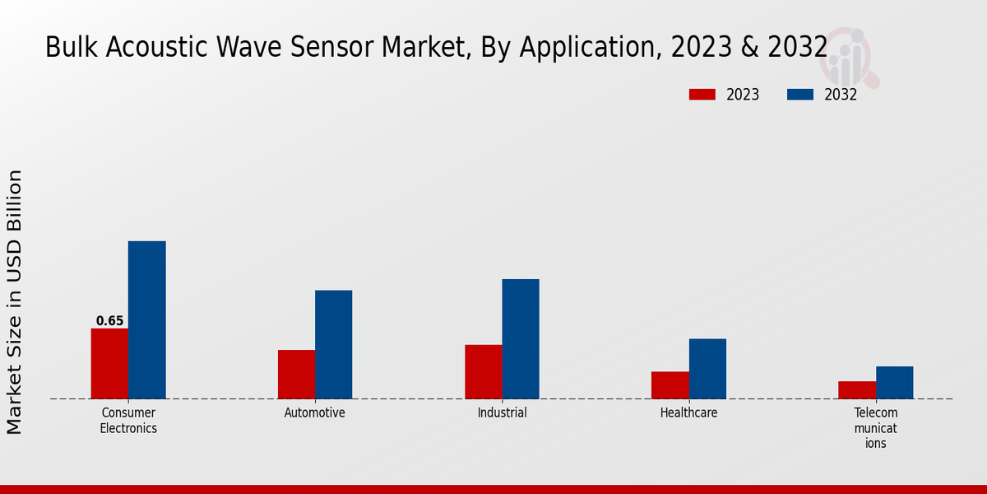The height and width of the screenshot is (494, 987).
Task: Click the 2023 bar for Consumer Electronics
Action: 109,363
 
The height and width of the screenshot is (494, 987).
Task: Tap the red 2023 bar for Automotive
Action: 296,374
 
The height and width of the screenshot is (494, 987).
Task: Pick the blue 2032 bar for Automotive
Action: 333,344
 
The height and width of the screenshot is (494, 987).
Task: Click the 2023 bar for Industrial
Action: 483,371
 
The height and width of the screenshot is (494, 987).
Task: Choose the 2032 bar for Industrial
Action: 521,338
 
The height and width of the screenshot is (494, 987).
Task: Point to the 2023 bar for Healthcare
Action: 670,384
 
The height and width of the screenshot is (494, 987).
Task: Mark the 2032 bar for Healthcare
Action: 707,368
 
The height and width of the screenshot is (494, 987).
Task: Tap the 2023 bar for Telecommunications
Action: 856,389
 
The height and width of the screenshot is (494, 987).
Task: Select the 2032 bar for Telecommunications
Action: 894,382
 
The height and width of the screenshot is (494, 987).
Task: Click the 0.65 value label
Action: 109,321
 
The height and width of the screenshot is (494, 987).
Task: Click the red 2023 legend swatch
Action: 702,95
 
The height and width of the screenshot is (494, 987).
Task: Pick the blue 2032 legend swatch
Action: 799,95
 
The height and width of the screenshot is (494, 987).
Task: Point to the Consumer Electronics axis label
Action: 128,420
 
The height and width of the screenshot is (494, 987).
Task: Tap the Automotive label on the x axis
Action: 315,412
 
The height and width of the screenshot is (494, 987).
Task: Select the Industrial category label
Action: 502,412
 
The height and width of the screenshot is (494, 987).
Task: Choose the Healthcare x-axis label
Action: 688,412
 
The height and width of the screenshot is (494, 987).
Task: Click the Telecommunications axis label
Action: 875,427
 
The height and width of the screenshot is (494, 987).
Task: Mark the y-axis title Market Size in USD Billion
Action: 15,301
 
